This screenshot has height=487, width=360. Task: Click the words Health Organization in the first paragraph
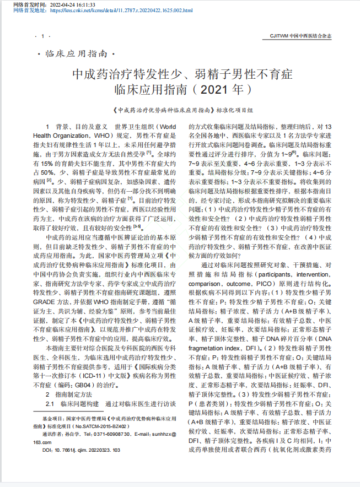[x=62, y=134]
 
